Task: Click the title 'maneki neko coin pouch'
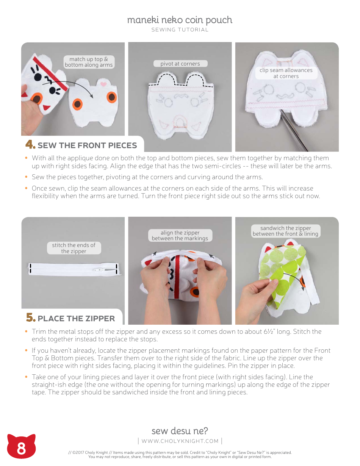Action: (x=180, y=20)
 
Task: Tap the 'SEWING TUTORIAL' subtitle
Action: (x=180, y=30)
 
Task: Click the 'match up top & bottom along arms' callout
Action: (x=89, y=62)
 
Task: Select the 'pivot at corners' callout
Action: (x=180, y=64)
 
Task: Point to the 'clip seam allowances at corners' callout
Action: (x=286, y=73)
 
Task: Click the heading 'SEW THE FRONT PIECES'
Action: (x=87, y=145)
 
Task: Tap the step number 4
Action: (x=30, y=145)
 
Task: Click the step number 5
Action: (x=30, y=318)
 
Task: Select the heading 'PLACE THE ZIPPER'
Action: (x=76, y=318)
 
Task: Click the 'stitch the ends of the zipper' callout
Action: (x=74, y=248)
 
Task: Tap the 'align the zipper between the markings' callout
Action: (x=180, y=236)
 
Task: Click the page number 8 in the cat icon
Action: (x=21, y=449)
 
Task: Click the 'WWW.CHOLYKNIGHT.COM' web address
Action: (x=180, y=441)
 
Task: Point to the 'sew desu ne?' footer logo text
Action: (x=180, y=431)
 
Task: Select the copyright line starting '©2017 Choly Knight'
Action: (x=180, y=452)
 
